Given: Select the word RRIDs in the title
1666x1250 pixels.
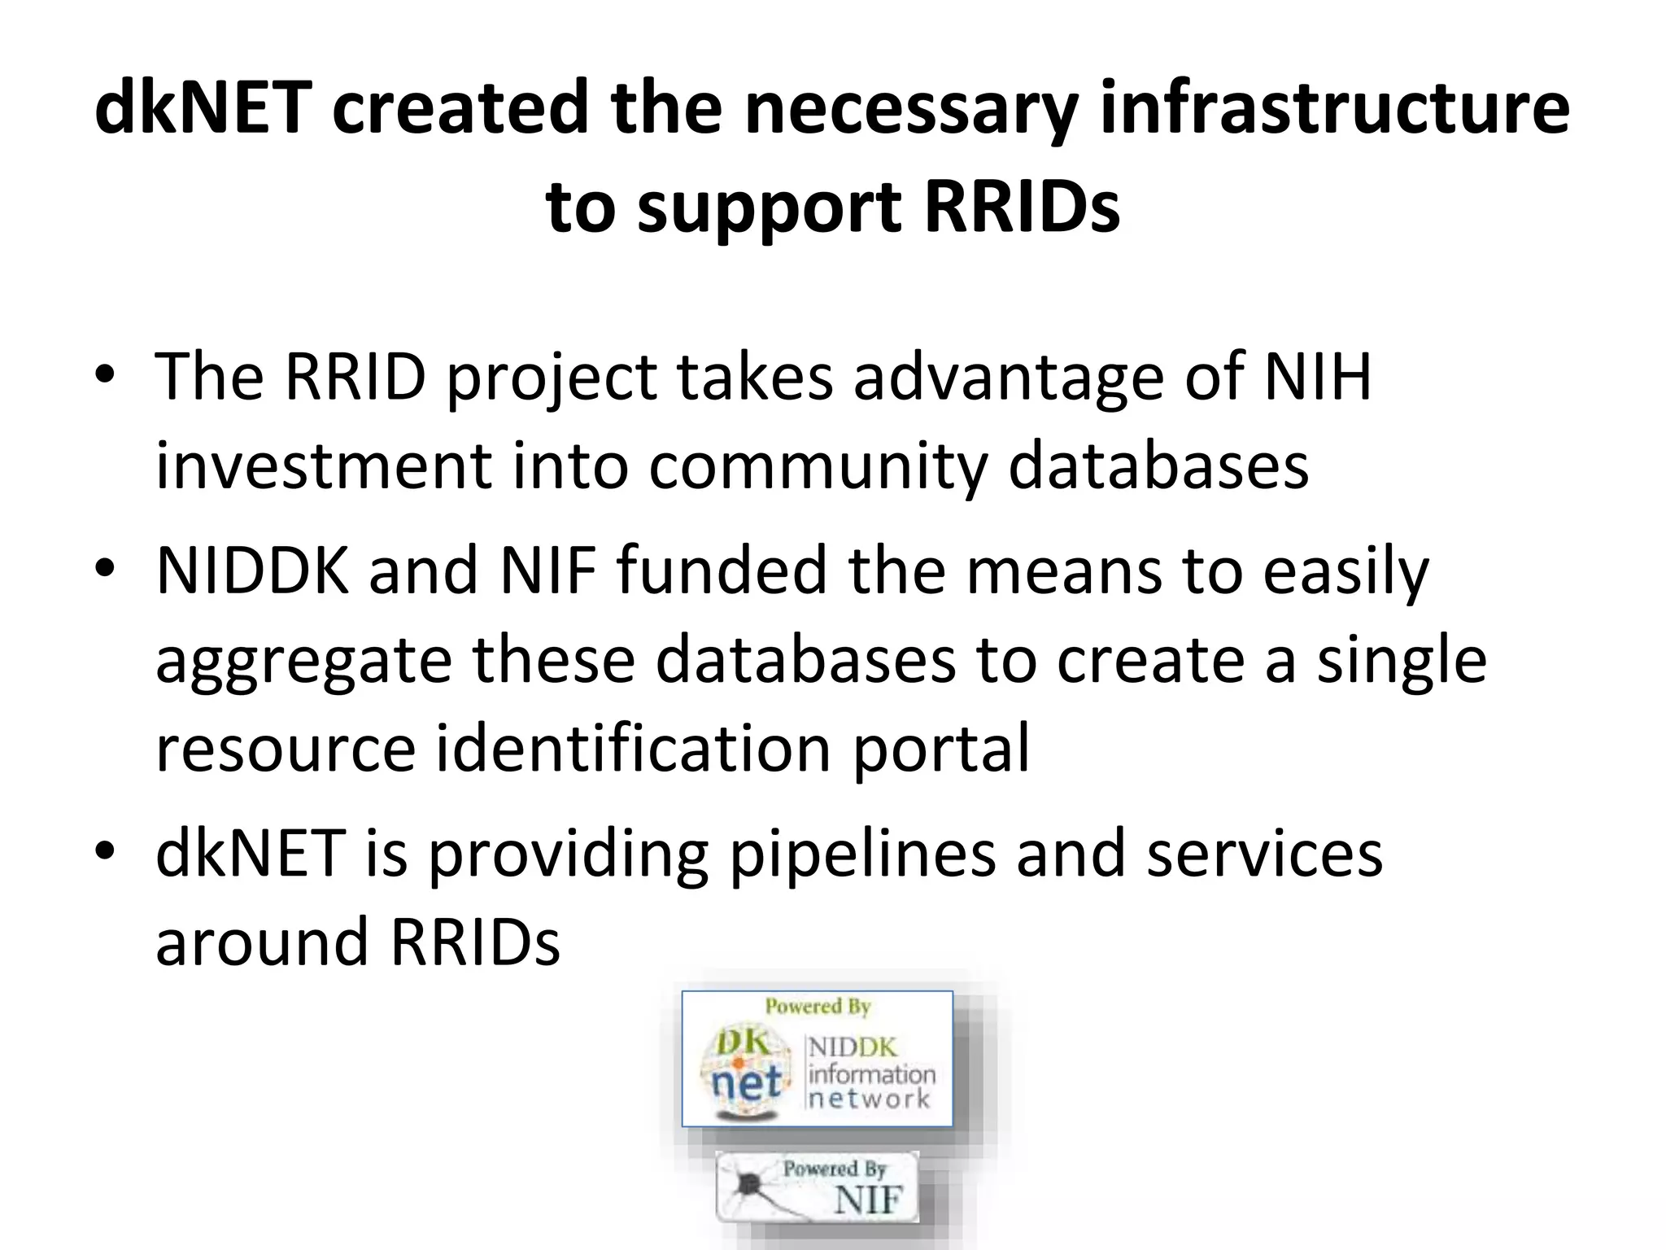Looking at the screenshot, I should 1022,207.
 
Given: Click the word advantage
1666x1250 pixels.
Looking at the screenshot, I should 1008,379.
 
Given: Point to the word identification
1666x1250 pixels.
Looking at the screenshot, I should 633,747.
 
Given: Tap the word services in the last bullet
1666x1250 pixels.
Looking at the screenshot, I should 1264,854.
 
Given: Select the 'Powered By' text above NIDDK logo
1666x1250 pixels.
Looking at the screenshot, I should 818,1007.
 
